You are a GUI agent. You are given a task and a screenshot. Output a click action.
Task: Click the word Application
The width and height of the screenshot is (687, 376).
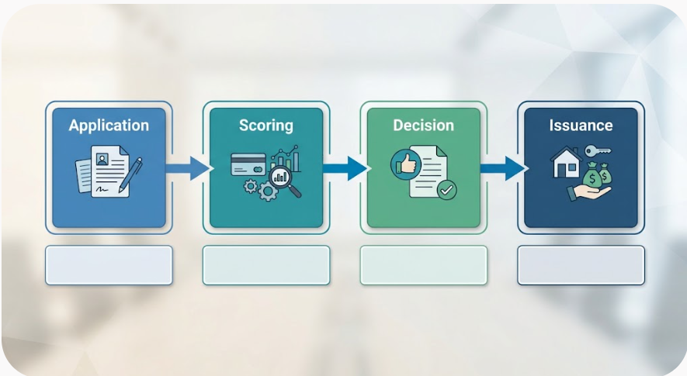[109, 126]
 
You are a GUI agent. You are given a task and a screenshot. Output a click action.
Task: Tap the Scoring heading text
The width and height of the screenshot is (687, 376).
[266, 126]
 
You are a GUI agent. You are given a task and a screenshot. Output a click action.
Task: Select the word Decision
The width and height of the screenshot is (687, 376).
[423, 126]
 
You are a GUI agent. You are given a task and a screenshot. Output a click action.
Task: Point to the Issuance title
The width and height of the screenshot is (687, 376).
[581, 126]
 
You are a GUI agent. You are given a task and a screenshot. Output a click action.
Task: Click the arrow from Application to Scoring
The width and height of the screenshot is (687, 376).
[188, 168]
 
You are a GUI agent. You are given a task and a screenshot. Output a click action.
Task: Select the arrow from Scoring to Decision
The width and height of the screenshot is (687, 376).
[345, 168]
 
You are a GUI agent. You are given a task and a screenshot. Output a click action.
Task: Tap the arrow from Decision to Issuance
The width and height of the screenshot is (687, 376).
[502, 168]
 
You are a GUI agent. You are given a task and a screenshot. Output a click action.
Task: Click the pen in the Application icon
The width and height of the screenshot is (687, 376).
[130, 175]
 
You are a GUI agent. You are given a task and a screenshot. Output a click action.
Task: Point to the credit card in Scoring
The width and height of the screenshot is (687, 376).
[248, 164]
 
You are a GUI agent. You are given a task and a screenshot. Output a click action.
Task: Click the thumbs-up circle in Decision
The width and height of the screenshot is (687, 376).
[406, 164]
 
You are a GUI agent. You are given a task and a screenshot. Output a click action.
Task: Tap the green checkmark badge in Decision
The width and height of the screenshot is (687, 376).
[447, 191]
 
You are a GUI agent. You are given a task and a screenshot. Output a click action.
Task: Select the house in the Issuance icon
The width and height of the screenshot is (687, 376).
[566, 162]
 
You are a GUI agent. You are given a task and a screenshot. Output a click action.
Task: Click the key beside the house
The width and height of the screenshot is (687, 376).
[598, 151]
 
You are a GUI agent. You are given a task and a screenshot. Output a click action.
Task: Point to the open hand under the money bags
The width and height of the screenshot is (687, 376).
[588, 192]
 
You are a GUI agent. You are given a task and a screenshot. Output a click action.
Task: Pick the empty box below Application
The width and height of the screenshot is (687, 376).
[109, 265]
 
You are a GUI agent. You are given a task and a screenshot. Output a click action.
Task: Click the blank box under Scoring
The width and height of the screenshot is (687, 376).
[266, 265]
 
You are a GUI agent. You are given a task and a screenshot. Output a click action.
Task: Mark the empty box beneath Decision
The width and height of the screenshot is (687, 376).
[423, 265]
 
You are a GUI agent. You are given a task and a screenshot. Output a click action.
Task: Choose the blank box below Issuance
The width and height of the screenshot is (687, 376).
[581, 265]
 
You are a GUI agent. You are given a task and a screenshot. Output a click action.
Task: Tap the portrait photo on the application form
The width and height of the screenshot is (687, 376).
[102, 160]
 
